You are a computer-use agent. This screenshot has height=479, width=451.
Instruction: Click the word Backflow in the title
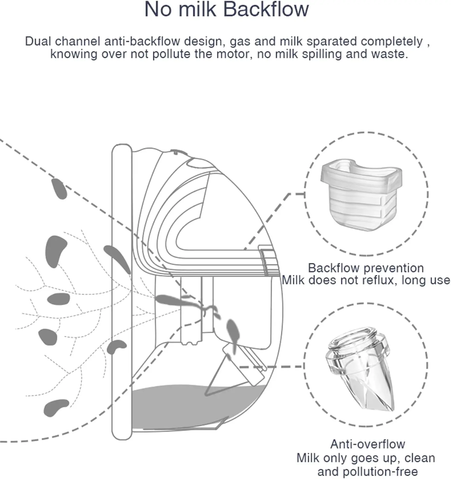pyautogui.click(x=266, y=10)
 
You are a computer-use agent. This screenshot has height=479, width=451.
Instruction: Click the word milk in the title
pyautogui.click(x=197, y=10)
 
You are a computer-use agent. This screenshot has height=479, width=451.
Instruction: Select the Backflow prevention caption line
pyautogui.click(x=366, y=268)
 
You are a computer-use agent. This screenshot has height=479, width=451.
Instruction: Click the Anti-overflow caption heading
pyautogui.click(x=367, y=444)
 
